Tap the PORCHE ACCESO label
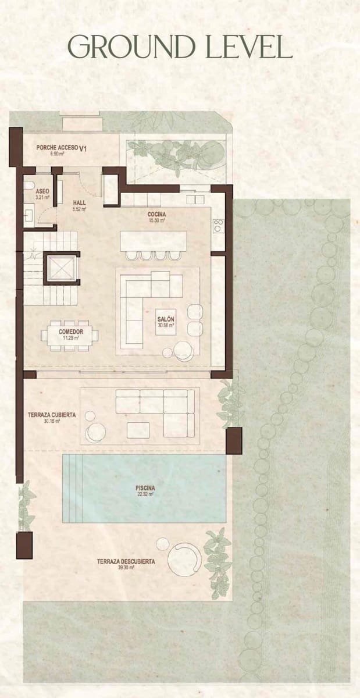pos(57,148)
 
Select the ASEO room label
pos(42,191)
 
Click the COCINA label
pos(157,214)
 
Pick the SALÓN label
pos(166,319)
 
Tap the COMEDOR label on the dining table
pos(70,332)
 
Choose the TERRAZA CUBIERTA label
pos(51,415)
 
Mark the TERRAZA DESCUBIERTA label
pos(126,561)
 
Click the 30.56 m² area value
pos(166,325)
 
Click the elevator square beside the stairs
pos(60,268)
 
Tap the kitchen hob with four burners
pos(219,225)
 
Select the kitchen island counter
pos(154,241)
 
